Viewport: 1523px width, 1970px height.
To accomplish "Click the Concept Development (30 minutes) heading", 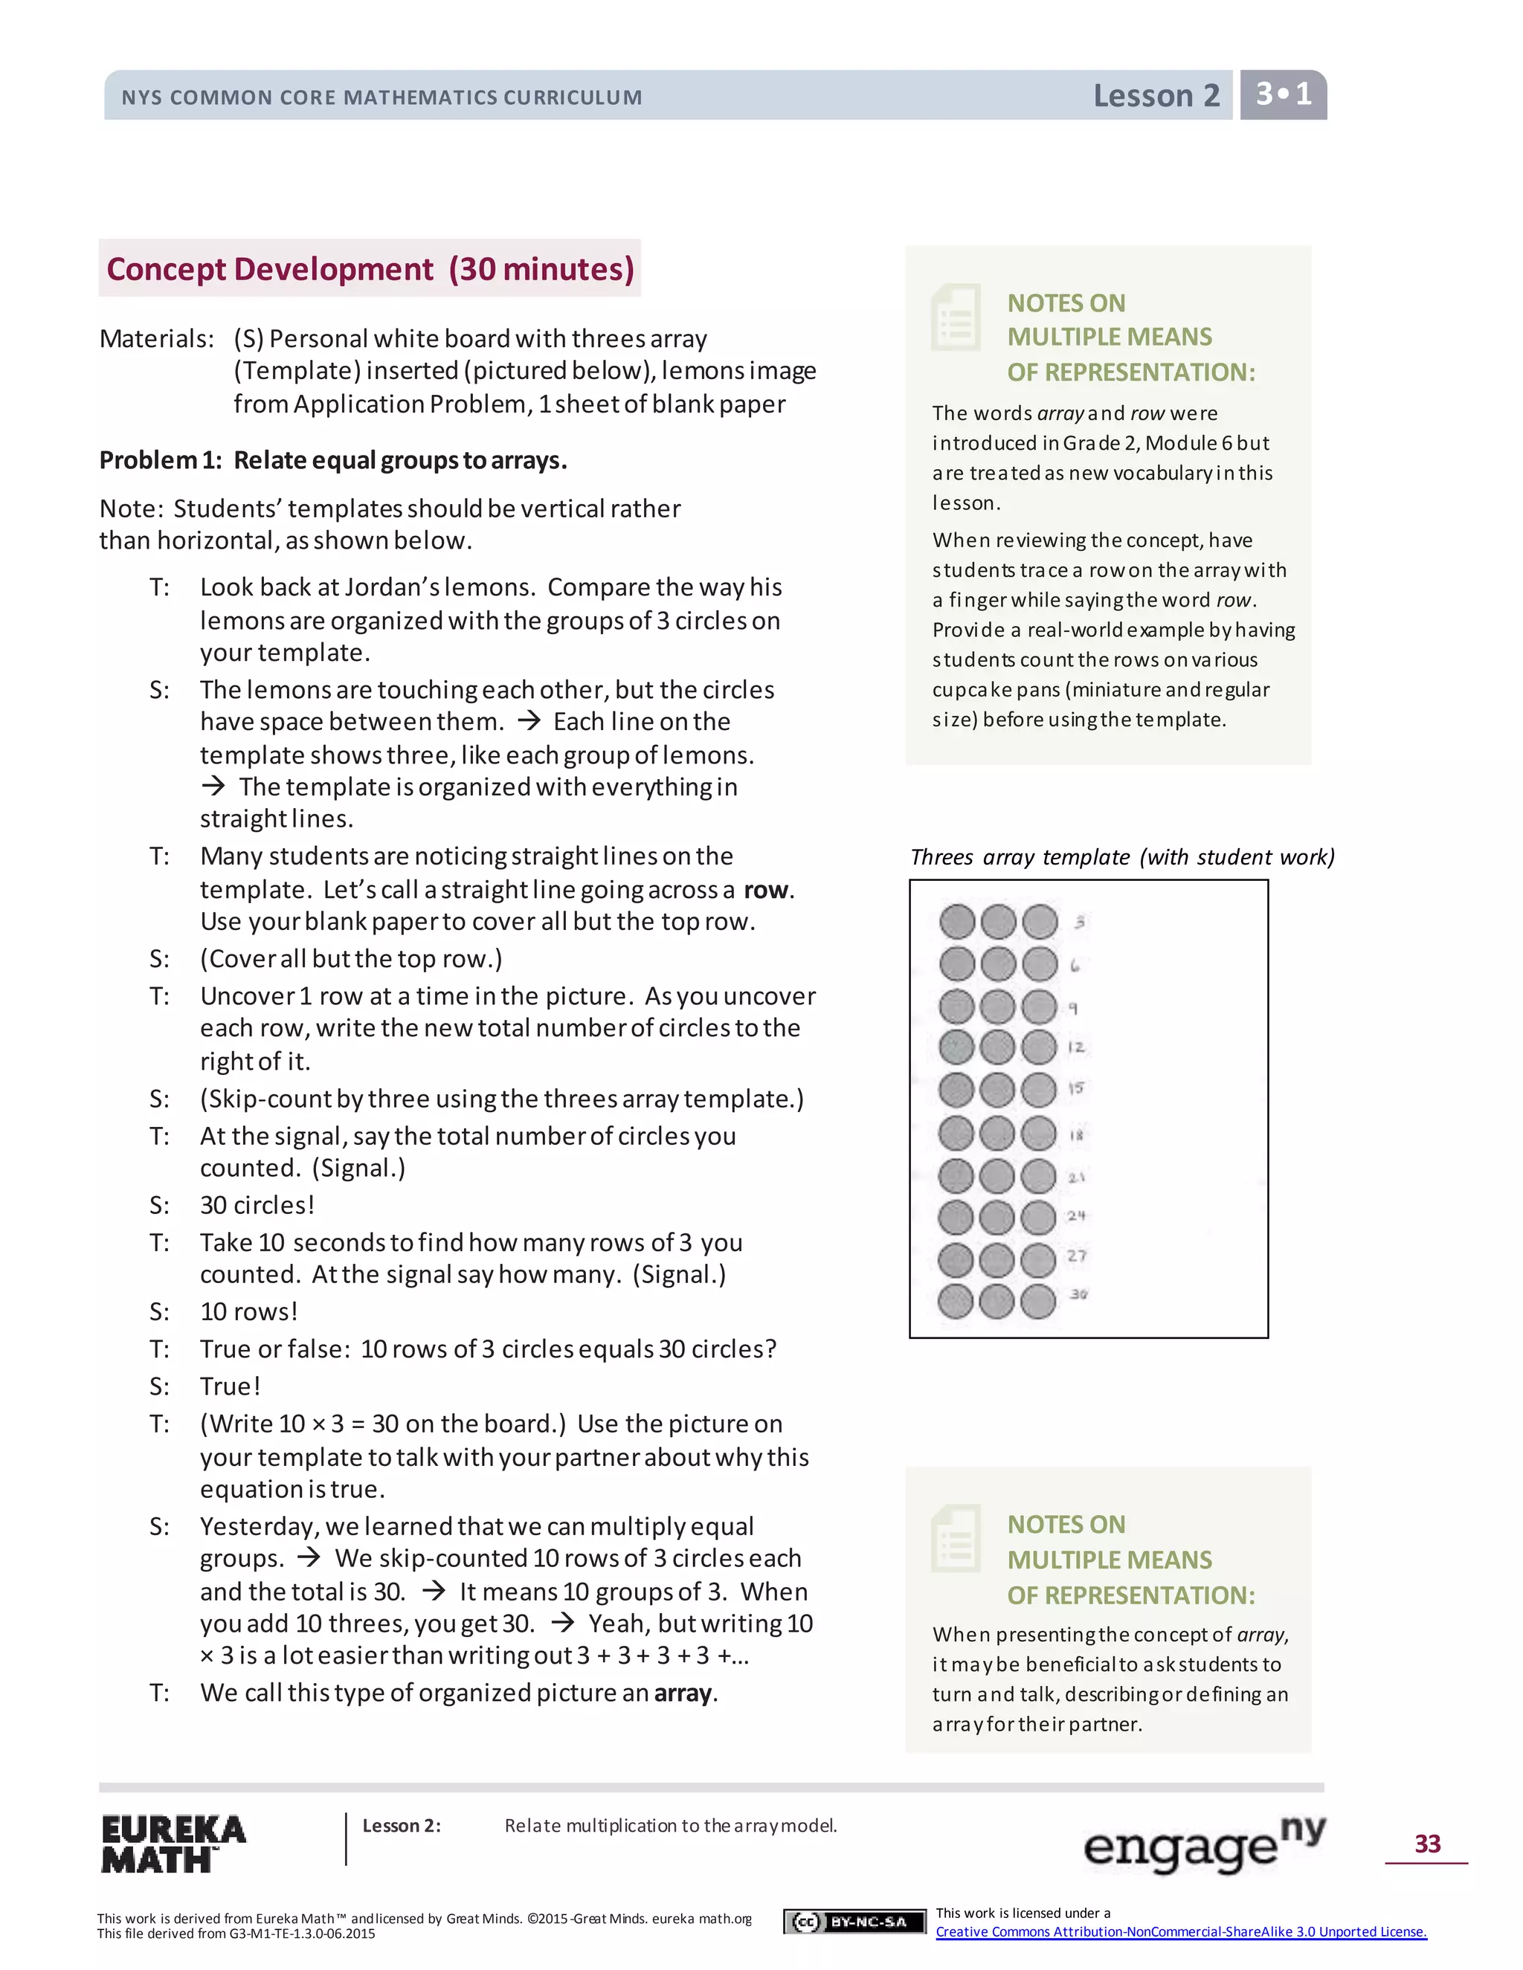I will (370, 269).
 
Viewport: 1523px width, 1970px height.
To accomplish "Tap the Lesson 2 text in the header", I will (1156, 96).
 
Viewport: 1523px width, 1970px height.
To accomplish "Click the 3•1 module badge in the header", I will (1283, 94).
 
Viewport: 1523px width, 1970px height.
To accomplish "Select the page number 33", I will (1426, 1843).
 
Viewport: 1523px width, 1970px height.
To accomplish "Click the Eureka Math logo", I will (173, 1843).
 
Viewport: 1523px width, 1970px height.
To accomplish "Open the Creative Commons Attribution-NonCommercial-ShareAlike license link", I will (1181, 1931).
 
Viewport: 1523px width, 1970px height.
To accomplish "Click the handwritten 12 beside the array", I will (1075, 1047).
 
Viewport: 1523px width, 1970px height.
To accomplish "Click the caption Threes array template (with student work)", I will (1121, 857).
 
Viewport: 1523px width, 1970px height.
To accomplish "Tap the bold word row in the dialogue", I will (766, 891).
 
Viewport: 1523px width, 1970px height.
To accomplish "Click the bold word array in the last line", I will (682, 1693).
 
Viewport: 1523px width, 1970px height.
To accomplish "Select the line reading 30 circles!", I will (257, 1205).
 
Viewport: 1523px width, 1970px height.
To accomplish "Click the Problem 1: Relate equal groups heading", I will (333, 461).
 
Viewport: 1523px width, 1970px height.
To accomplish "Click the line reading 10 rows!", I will (248, 1311).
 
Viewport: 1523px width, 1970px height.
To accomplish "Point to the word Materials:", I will (157, 339).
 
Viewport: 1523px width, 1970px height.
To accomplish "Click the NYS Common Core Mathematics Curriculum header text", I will (381, 97).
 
